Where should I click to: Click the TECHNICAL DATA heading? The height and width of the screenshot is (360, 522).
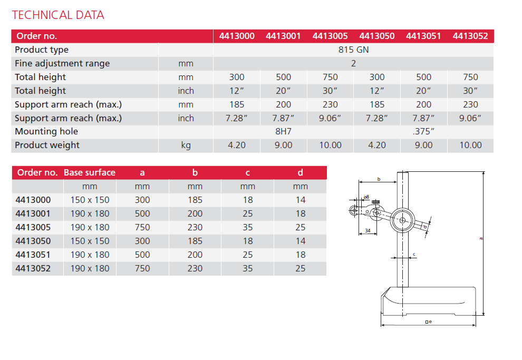pyautogui.click(x=58, y=15)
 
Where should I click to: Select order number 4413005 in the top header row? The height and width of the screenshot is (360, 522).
pyautogui.click(x=330, y=36)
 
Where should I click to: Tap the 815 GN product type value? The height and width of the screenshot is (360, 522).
pyautogui.click(x=353, y=50)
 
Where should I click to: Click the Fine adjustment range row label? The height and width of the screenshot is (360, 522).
pyautogui.click(x=62, y=64)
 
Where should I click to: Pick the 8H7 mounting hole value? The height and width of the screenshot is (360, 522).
pyautogui.click(x=283, y=132)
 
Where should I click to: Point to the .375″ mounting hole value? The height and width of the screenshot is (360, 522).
pyautogui.click(x=423, y=132)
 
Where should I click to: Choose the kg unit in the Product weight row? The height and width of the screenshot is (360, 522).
pyautogui.click(x=186, y=145)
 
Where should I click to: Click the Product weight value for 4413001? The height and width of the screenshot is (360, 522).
pyautogui.click(x=283, y=145)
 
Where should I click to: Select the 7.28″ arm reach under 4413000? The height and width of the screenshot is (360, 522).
pyautogui.click(x=236, y=118)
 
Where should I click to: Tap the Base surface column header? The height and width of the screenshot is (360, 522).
pyautogui.click(x=90, y=173)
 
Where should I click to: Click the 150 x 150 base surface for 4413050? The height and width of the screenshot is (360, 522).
pyautogui.click(x=90, y=241)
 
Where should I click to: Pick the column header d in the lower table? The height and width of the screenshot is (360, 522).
pyautogui.click(x=300, y=173)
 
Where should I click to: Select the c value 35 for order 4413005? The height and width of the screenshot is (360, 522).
pyautogui.click(x=247, y=228)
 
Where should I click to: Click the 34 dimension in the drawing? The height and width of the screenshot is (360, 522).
pyautogui.click(x=367, y=231)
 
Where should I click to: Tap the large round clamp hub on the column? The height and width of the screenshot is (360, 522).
pyautogui.click(x=403, y=220)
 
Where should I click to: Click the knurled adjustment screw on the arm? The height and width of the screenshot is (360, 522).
pyautogui.click(x=376, y=203)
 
